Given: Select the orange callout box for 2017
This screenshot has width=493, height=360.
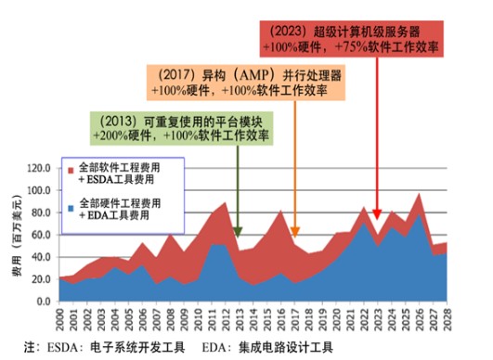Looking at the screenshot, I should coord(253,81).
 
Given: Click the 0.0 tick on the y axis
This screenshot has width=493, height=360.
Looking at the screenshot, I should coord(43,302).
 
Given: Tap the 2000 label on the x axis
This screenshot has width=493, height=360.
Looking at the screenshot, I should coord(62,320).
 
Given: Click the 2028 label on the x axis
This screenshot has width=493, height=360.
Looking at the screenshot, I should coord(449,320).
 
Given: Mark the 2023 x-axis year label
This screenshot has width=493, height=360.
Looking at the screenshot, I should coord(380,320).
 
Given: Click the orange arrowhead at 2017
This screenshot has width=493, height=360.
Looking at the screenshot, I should coord(295,232).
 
